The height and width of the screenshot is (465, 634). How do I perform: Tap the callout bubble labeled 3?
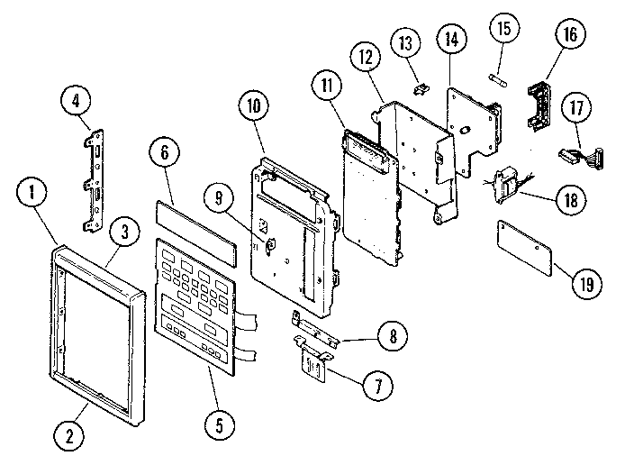coord(124,232)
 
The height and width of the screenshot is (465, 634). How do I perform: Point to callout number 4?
coord(76,100)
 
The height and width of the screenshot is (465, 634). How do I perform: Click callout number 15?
coord(503,28)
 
